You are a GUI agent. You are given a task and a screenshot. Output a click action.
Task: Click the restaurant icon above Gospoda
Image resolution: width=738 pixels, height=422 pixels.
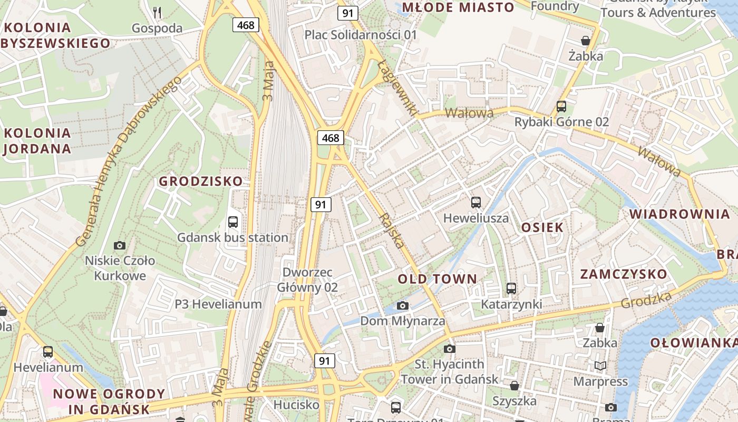coord(157,12)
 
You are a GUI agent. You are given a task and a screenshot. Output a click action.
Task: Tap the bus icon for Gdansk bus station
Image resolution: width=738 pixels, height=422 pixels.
coord(233,222)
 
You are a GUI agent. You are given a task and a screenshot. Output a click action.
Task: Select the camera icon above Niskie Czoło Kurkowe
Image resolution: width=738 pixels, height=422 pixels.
coord(120,245)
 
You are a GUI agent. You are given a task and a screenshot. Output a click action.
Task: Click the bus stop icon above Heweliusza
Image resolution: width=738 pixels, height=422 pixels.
coord(476,202)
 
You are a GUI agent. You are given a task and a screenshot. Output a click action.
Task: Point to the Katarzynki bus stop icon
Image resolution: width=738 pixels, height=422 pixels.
coord(511,289)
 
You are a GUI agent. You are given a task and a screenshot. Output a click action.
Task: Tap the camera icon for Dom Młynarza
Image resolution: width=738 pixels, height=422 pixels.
coord(403,305)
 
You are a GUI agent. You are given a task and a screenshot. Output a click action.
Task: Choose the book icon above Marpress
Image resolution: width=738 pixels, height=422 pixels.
coord(600,366)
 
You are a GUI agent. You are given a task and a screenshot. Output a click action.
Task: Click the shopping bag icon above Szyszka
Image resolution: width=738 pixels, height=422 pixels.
coord(514,386)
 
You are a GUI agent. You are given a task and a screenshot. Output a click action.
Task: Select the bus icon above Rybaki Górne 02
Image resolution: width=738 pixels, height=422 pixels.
coord(561,107)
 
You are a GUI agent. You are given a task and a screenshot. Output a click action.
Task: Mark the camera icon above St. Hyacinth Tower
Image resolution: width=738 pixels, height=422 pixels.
coord(449,349)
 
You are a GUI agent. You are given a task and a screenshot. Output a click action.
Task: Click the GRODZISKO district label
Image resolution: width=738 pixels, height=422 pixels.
coord(201,181)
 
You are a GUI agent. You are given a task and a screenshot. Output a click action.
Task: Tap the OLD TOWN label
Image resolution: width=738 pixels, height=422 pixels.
coord(437,279)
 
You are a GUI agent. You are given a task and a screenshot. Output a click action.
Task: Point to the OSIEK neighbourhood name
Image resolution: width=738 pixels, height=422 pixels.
coord(542,227)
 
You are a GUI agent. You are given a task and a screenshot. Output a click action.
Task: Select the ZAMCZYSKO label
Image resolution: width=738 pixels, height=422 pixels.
coord(624,274)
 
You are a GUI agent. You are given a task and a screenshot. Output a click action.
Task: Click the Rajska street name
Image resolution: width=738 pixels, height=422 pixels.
coord(392,231)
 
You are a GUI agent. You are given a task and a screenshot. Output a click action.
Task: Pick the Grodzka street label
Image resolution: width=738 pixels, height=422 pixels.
coord(646,300)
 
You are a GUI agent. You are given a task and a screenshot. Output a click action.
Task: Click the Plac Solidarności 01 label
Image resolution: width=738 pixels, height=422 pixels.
coord(361,35)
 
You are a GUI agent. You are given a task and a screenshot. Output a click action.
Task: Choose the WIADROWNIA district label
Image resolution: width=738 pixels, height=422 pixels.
coord(680,214)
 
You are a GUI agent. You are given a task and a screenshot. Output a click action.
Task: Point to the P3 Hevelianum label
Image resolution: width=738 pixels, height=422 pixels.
coord(218,304)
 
